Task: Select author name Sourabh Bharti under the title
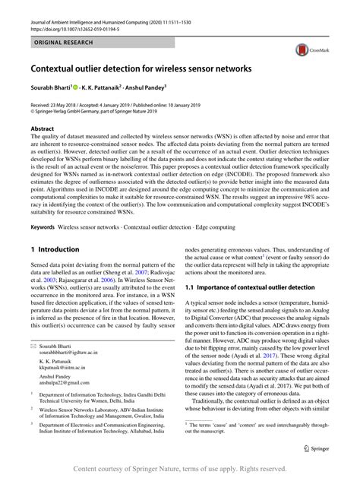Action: point(52,88)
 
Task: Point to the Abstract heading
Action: point(43,130)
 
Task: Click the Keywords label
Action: point(43,226)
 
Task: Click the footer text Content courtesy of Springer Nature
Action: point(180,468)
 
